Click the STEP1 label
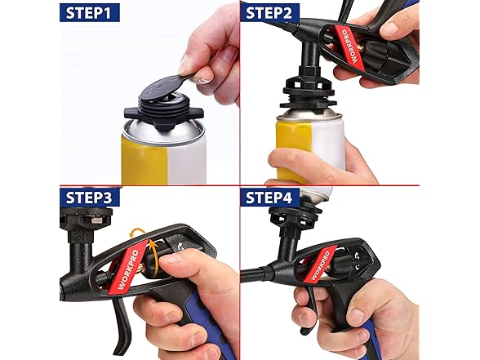click(x=95, y=13)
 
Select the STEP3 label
click(x=91, y=197)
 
